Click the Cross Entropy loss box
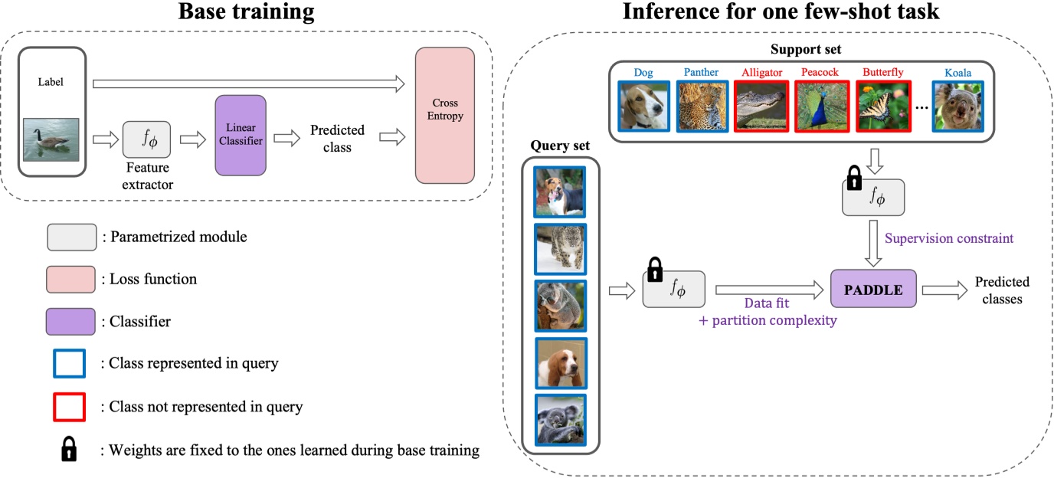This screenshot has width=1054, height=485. [444, 116]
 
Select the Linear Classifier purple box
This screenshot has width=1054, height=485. [241, 135]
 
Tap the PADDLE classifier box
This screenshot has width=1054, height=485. [873, 289]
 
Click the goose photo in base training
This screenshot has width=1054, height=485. [51, 139]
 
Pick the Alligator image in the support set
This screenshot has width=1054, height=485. [761, 107]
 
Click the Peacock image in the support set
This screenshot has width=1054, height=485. [820, 107]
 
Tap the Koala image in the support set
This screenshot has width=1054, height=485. [957, 107]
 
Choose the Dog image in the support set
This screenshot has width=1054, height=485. [643, 107]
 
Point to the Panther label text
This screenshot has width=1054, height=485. [701, 73]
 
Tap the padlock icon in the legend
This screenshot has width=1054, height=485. [70, 450]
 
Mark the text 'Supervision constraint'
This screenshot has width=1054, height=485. [948, 238]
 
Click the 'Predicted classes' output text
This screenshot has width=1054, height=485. [1002, 290]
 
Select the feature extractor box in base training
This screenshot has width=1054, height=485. [146, 139]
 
